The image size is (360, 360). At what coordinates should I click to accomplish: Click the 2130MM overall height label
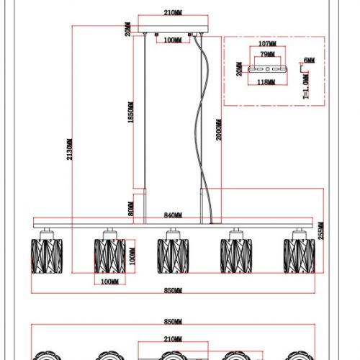[69, 149]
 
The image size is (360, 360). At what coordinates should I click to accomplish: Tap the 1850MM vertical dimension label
[130, 112]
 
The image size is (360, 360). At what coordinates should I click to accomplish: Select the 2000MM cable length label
[219, 130]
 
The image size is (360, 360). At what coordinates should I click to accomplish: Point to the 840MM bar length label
[173, 215]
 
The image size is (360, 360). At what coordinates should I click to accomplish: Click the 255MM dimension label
[321, 230]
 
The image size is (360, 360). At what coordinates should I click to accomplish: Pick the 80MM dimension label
[131, 209]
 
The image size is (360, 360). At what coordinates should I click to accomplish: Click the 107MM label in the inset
[267, 44]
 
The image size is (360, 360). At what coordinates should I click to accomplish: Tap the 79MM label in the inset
[267, 54]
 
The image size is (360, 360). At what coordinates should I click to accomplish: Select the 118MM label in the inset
[266, 82]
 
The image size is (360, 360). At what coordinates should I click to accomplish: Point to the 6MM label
[310, 60]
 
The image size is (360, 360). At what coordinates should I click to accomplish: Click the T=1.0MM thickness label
[306, 86]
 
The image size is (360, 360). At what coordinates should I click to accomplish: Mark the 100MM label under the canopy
[173, 40]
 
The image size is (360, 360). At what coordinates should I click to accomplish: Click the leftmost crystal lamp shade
[47, 256]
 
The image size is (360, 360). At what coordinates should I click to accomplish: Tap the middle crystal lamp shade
[173, 256]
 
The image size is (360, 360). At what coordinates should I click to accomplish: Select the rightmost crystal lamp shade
[299, 256]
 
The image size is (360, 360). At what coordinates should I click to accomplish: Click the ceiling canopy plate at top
[173, 29]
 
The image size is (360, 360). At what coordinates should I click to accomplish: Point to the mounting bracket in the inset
[267, 69]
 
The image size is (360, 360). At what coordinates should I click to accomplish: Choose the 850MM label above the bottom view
[173, 321]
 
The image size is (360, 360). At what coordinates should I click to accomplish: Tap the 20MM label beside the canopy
[128, 29]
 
